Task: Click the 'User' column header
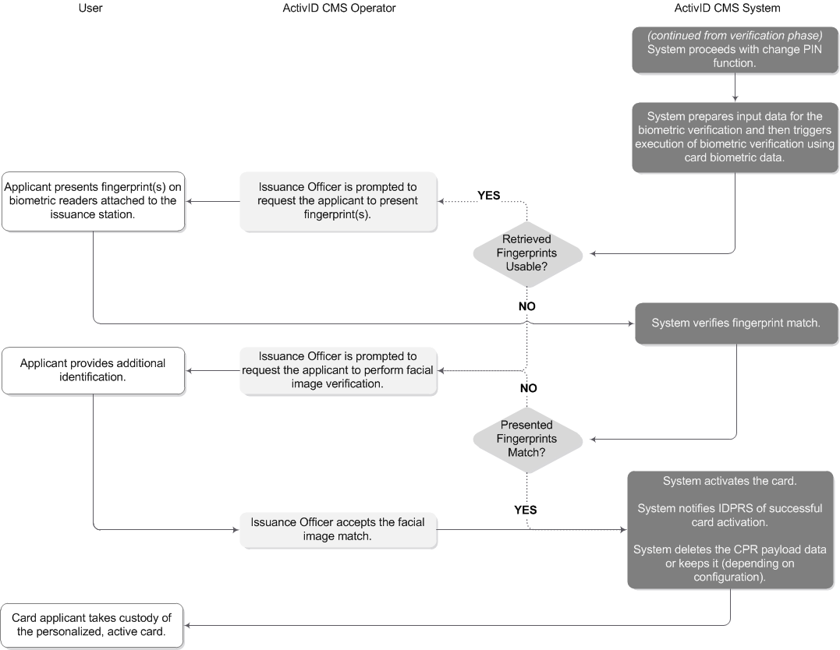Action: pos(90,9)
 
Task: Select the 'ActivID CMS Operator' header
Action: pos(338,9)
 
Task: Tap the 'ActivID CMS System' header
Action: pos(727,9)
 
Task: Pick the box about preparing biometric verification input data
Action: pos(734,137)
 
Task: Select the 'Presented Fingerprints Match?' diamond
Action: pos(527,439)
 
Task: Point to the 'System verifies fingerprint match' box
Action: pos(735,323)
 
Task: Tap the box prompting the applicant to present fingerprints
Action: pos(338,201)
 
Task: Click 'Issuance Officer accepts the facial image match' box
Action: pos(338,529)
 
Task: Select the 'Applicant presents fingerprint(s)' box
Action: pos(94,201)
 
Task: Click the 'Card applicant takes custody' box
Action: pos(92,625)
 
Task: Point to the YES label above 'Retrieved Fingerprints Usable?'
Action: pos(488,196)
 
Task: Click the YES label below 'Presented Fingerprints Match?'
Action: pos(525,510)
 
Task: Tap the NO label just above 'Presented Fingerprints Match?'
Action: pos(528,388)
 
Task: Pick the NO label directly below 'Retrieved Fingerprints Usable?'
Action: pos(527,306)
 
